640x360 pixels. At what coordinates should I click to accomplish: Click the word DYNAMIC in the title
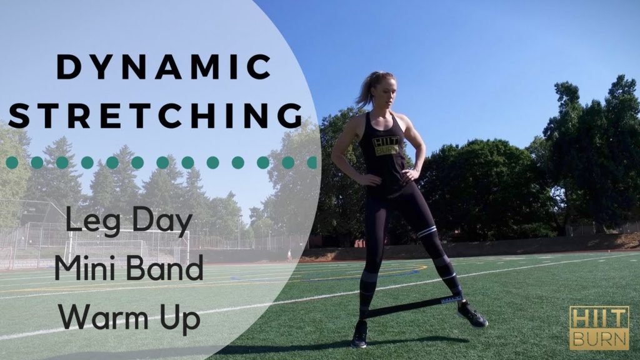[164, 67]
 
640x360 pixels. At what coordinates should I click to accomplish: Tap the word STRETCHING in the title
[155, 116]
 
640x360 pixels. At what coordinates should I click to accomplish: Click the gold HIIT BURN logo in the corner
[599, 327]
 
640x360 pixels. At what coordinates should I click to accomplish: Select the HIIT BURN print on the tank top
[385, 146]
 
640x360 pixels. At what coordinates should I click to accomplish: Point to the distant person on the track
[289, 255]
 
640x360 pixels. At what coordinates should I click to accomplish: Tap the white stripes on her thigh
[427, 231]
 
